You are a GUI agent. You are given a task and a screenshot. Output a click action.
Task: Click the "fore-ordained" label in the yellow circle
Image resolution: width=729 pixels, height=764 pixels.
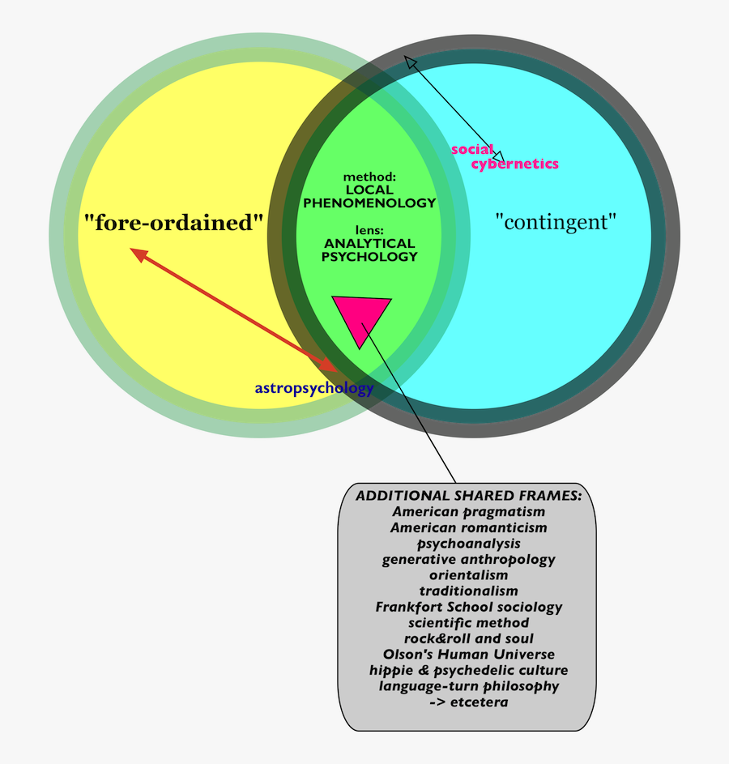pos(174,222)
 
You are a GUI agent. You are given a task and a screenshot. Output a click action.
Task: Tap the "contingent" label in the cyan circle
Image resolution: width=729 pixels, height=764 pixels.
pos(555,220)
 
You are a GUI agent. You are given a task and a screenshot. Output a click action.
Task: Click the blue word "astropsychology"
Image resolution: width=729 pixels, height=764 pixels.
pos(314,388)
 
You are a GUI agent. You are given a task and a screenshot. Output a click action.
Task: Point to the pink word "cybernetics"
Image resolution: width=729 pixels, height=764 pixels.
pos(515,164)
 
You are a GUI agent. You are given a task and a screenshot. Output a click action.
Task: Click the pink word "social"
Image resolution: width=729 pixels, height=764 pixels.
pos(471,149)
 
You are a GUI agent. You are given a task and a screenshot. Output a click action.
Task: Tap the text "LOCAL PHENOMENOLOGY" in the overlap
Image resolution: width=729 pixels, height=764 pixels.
pos(369,197)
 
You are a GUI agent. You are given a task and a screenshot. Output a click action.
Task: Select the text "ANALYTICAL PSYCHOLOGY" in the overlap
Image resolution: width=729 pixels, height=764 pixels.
pos(369,250)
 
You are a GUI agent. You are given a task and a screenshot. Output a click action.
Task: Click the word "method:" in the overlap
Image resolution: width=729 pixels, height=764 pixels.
pos(369,176)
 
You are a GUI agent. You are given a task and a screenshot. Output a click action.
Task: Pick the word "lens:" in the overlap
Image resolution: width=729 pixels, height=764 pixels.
pos(369,229)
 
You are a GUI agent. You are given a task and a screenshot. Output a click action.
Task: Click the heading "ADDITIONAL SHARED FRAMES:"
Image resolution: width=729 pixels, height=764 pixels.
pos(468,496)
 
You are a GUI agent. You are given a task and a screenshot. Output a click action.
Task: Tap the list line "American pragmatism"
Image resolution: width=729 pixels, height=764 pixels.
pos(468,512)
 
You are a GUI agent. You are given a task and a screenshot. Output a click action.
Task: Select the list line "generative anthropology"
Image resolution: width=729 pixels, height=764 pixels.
pos(468,560)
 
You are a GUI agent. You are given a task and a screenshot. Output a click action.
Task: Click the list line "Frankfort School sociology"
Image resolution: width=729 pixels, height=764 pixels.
pos(468,607)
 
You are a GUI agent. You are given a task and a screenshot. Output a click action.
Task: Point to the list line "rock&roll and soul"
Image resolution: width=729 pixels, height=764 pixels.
pos(468,638)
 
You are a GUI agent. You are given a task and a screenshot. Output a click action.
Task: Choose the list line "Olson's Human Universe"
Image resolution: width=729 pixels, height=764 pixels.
pos(468,655)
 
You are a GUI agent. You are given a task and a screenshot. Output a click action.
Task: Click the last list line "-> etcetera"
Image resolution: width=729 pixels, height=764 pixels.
pos(468,702)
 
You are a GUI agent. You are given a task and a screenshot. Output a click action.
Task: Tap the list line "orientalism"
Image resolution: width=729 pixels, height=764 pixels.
pos(468,575)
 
